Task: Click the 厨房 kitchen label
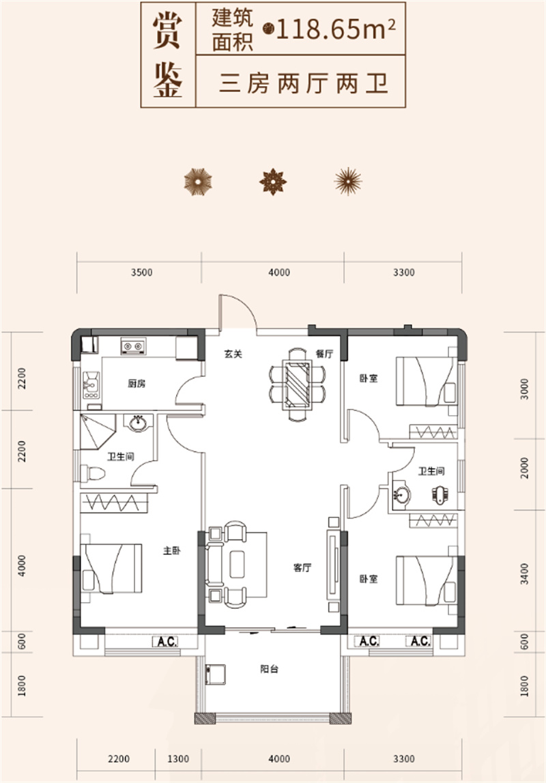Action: point(136,384)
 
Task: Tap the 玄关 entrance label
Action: point(233,354)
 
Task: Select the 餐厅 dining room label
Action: point(324,354)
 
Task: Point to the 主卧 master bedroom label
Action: point(172,551)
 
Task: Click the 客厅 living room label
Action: point(302,568)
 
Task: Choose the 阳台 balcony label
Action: point(269,669)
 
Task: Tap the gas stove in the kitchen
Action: point(133,346)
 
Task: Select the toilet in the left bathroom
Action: point(92,473)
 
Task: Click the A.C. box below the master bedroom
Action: point(167,642)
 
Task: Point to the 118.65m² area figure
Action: point(335,29)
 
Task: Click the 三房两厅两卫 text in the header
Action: point(304,83)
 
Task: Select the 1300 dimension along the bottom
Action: point(178,759)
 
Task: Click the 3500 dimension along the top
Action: point(142,272)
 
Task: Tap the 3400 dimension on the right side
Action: point(524,573)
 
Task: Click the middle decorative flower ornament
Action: point(273,182)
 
